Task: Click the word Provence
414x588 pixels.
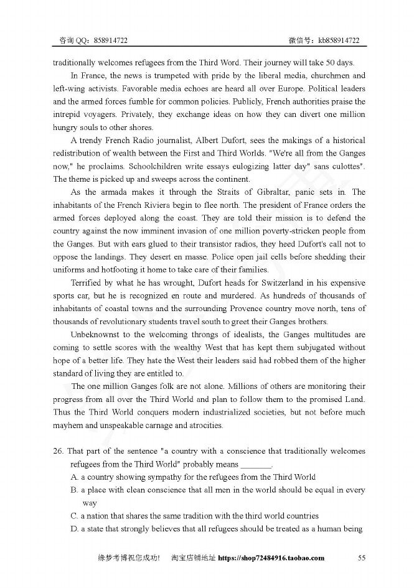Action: coord(265,309)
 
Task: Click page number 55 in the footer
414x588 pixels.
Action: coord(362,558)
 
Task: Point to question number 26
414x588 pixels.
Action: coord(58,451)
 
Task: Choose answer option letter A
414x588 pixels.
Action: coord(74,477)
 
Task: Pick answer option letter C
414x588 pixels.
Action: coord(74,516)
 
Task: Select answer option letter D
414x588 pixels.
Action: coord(74,529)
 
